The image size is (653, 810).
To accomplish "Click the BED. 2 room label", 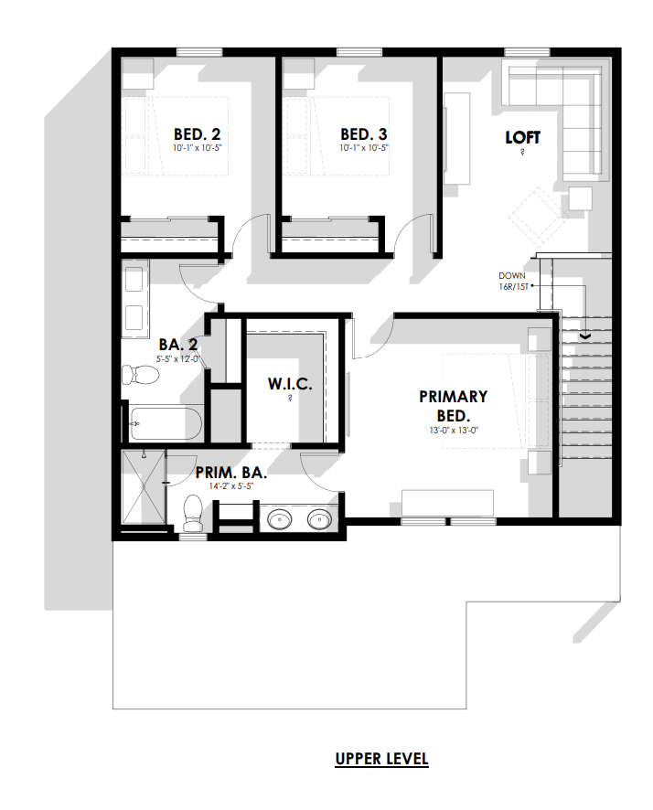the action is click(x=197, y=134).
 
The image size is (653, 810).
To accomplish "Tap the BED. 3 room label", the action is click(x=364, y=134).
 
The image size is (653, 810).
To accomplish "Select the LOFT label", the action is click(x=523, y=137).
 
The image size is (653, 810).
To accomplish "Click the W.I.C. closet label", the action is click(x=290, y=384).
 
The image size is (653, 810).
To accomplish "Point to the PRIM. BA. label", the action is click(x=230, y=472).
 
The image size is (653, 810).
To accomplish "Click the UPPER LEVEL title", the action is click(x=381, y=759).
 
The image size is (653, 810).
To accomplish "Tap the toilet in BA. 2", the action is click(x=140, y=375).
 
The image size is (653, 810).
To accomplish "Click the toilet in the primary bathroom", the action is click(x=193, y=513).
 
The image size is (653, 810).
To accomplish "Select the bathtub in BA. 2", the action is click(x=165, y=423).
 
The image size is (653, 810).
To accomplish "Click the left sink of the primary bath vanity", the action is click(x=280, y=518).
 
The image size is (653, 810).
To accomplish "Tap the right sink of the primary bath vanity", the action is click(x=319, y=518).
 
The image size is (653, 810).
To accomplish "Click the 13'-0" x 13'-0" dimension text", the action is click(x=453, y=431).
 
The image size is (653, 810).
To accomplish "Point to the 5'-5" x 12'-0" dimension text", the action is click(x=178, y=358).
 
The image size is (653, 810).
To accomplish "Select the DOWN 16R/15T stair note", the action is click(x=512, y=281).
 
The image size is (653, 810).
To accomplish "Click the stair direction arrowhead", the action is click(x=586, y=336).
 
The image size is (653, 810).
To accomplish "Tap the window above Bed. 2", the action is click(x=200, y=52).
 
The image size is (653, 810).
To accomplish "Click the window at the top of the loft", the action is click(x=527, y=52).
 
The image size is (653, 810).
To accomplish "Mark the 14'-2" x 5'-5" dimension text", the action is click(x=230, y=486).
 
